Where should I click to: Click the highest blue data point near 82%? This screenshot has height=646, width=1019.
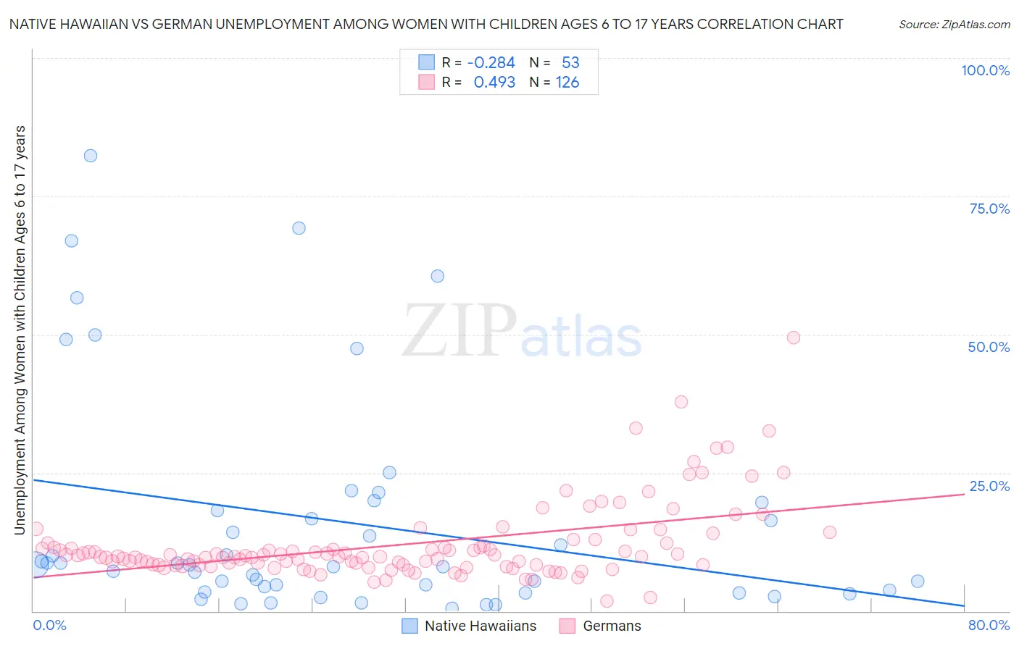point(91,156)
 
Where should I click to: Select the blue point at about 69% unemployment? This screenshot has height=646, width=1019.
point(299,228)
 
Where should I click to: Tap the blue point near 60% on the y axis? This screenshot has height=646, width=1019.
point(437,276)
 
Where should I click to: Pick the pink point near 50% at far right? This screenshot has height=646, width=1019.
point(793,337)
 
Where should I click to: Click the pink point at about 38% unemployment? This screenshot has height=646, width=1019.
point(681,402)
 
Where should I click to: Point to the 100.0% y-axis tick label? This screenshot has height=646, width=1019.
point(985,70)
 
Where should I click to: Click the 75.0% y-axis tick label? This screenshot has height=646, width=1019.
point(989,209)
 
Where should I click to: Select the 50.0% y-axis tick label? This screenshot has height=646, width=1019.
point(989,347)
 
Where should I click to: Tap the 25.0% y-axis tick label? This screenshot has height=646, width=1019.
point(989,485)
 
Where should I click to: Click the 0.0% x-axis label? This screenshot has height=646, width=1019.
point(49,625)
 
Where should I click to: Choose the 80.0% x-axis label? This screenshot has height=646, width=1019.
point(989,625)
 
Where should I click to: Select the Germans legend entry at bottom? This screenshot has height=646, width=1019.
point(612,626)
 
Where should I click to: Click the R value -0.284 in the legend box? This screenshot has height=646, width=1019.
point(491,63)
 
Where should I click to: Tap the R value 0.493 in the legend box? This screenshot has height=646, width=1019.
point(494,83)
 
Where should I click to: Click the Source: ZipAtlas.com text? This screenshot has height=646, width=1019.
point(954,24)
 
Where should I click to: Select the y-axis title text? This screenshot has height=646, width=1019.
point(20,330)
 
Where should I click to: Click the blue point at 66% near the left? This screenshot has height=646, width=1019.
point(71,241)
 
